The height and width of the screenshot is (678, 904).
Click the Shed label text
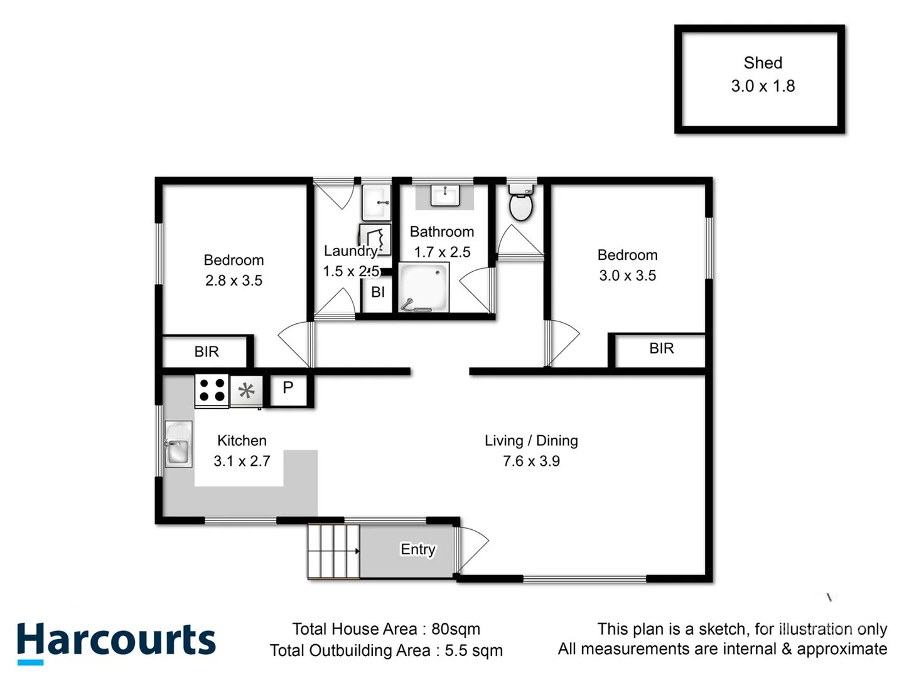point(763,63)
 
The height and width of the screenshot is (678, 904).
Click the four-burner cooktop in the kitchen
point(212,390)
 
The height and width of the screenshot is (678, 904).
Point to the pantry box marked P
point(288,389)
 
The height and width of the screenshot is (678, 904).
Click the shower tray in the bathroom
point(424,288)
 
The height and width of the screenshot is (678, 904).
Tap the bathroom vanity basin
point(445,195)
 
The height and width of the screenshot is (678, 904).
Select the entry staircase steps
point(333,551)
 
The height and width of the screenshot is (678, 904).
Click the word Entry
point(417,549)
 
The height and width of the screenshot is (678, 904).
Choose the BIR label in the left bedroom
point(207,352)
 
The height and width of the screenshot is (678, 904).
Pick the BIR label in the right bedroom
point(661,348)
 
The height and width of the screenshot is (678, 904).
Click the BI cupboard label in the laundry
point(378,292)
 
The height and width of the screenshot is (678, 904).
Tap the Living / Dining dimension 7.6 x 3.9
point(531,461)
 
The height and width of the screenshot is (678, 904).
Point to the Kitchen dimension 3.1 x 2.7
point(242,461)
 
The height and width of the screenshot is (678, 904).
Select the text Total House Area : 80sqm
point(386,629)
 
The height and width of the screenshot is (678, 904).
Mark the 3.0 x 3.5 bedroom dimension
point(627,276)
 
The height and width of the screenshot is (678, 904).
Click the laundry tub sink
point(377,202)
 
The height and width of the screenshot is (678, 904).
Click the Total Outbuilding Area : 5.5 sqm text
point(386,650)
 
